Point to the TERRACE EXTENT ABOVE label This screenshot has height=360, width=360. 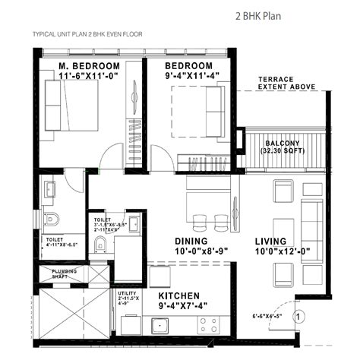286,84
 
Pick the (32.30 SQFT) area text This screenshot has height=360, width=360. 282,152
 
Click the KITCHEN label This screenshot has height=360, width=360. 178,295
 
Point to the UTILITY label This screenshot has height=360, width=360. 127,293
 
